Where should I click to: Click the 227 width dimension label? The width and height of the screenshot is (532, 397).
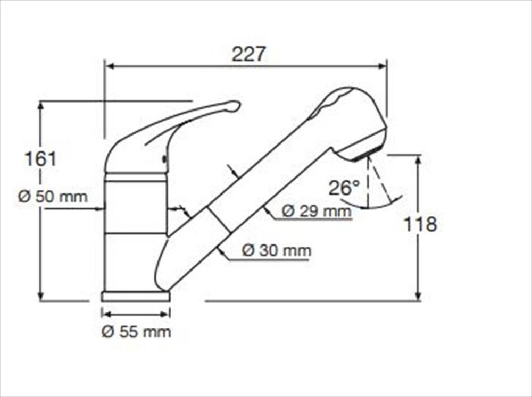(x=248, y=54)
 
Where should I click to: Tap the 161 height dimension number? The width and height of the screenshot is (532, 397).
(x=40, y=158)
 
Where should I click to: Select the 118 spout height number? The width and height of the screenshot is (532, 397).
(x=420, y=224)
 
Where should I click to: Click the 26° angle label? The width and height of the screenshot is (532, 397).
(x=344, y=188)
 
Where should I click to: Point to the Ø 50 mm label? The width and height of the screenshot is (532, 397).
(x=53, y=196)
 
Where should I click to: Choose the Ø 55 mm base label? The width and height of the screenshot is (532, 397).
(x=136, y=332)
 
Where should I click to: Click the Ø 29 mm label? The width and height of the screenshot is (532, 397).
(x=316, y=211)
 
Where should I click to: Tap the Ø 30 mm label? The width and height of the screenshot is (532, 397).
(x=276, y=250)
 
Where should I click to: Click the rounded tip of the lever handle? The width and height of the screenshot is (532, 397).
(x=235, y=106)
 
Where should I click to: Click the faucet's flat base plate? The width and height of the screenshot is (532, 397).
(x=136, y=297)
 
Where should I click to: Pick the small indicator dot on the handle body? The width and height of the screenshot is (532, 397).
(x=164, y=159)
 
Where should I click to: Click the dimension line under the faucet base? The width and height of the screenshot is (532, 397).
(x=136, y=314)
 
